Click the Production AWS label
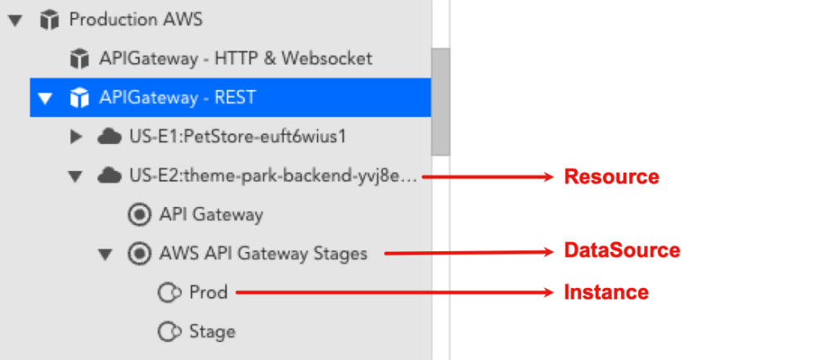click(x=136, y=20)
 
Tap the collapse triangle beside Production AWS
click(x=14, y=20)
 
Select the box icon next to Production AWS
click(x=49, y=20)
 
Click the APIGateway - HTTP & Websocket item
click(x=236, y=59)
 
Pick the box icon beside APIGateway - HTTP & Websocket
click(x=79, y=59)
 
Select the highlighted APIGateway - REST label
click(x=178, y=98)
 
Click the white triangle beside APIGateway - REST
click(x=45, y=99)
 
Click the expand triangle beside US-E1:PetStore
click(x=76, y=137)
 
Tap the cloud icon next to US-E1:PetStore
click(x=109, y=137)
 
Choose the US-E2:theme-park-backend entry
click(x=273, y=176)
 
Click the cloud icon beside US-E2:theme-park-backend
click(x=109, y=176)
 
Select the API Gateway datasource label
click(x=211, y=215)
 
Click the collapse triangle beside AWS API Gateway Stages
click(x=105, y=254)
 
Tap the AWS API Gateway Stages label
click(x=263, y=254)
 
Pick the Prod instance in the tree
click(x=208, y=292)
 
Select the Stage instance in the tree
click(x=212, y=331)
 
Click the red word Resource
click(x=610, y=177)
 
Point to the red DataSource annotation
click(x=621, y=250)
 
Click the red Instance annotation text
click(x=606, y=292)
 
